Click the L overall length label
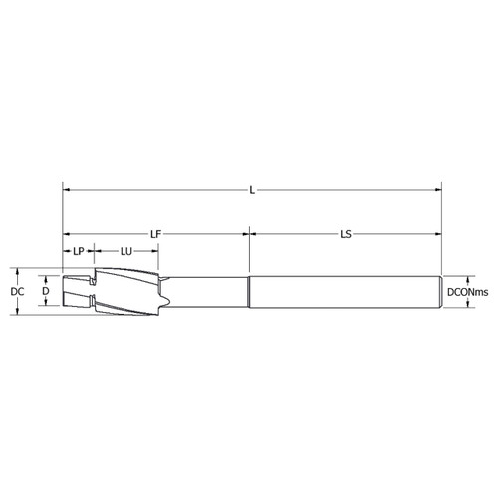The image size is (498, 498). click(251, 189)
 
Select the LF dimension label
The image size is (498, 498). click(155, 234)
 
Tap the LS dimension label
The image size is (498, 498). click(345, 234)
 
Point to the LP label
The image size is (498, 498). click(79, 252)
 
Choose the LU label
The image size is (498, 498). click(126, 252)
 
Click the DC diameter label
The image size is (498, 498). click(17, 292)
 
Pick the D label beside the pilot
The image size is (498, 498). click(44, 292)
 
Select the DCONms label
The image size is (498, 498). click(466, 292)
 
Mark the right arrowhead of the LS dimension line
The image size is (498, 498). click(438, 234)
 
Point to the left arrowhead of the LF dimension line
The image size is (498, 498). click(66, 234)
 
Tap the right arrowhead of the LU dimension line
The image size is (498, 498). click(155, 252)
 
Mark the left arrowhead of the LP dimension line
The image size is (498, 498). click(66, 252)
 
